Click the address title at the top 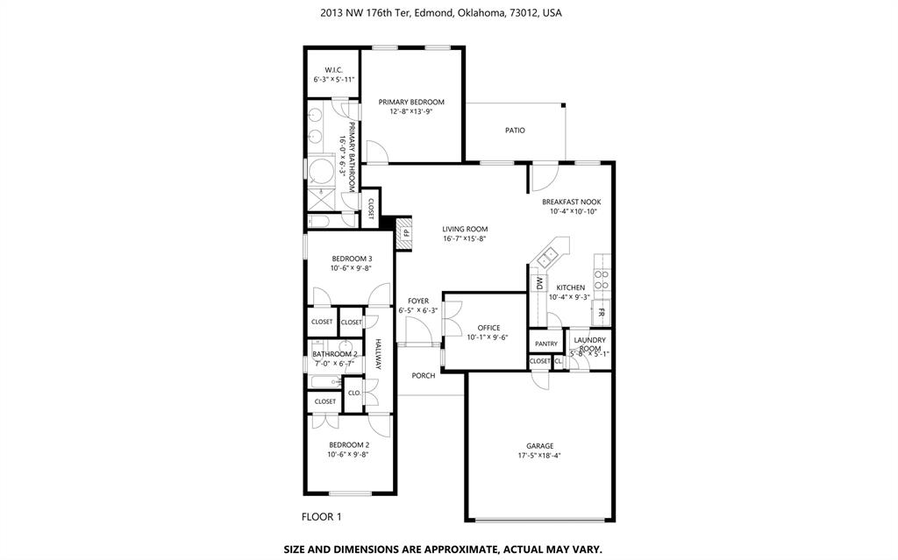tap(441, 13)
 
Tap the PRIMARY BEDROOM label tap(411, 102)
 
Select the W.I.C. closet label tap(333, 69)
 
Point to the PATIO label tap(515, 131)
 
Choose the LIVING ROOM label tap(465, 229)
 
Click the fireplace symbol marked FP tap(406, 233)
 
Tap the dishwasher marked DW tap(539, 283)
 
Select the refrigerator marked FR tap(602, 312)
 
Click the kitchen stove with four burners tap(602, 279)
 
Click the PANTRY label tap(546, 344)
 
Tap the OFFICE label tap(488, 328)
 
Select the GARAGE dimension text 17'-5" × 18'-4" tap(539, 456)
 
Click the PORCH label tap(424, 375)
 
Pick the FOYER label tap(418, 301)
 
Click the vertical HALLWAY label tap(379, 354)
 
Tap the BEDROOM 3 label tap(352, 259)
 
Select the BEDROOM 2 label tap(348, 444)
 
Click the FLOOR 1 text tap(321, 517)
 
